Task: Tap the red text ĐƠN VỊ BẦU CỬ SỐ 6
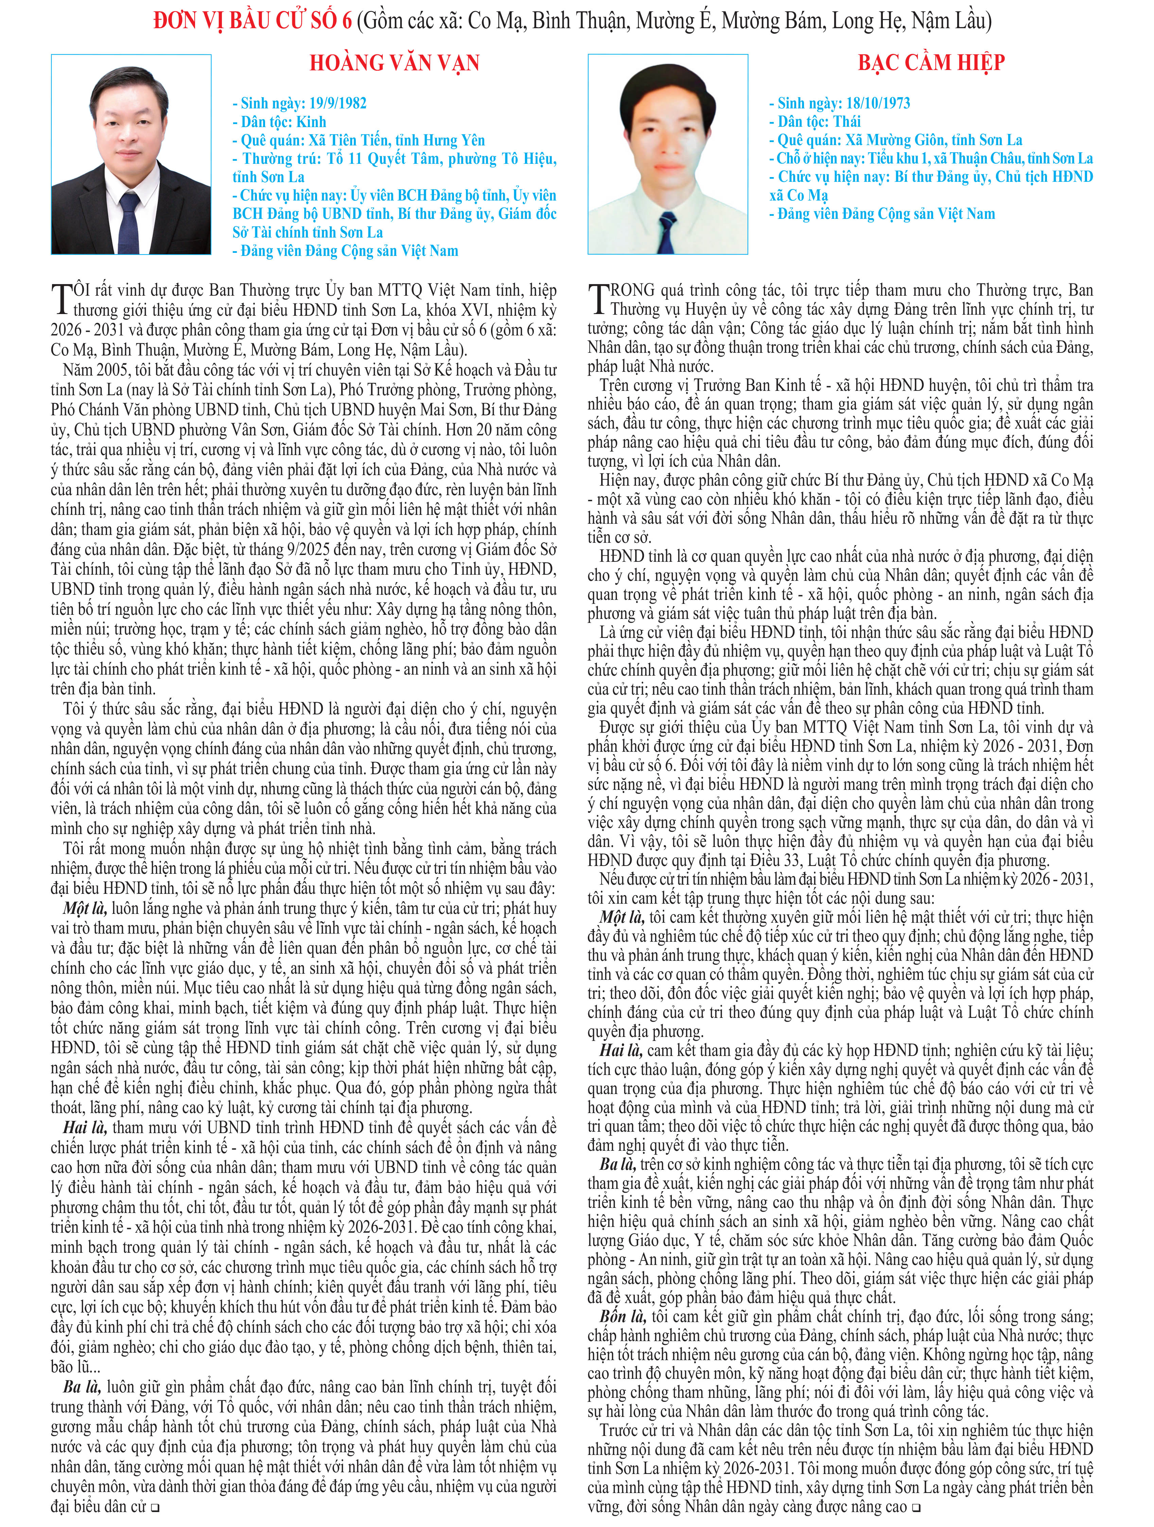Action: tap(252, 21)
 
